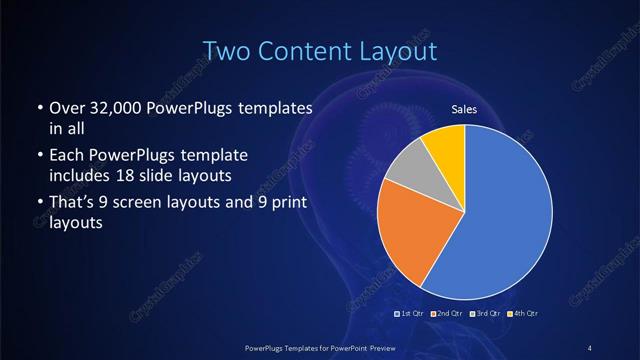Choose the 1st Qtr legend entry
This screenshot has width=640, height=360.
[411, 314]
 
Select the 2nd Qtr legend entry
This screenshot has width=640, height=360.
[447, 314]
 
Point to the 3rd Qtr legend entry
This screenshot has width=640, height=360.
[484, 314]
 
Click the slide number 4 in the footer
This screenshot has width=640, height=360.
[590, 347]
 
